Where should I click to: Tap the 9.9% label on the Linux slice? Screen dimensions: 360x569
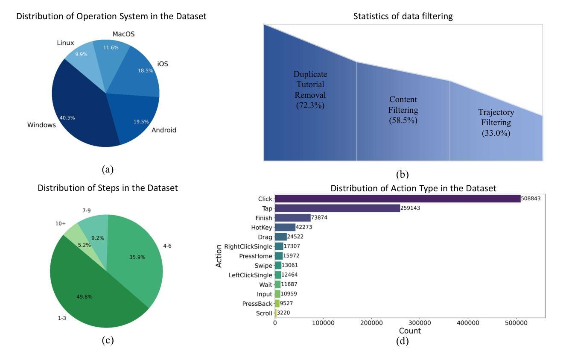pyautogui.click(x=82, y=54)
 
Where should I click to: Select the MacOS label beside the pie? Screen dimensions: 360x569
pyautogui.click(x=123, y=34)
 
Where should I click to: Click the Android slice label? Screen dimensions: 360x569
pyautogui.click(x=163, y=130)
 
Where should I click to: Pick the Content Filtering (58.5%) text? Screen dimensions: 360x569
pyautogui.click(x=403, y=110)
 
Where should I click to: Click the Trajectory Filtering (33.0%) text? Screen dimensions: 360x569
pyautogui.click(x=496, y=123)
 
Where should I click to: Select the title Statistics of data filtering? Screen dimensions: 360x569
pyautogui.click(x=403, y=17)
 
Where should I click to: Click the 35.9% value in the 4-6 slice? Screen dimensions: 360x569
pyautogui.click(x=138, y=257)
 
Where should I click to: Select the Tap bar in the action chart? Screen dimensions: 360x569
pyautogui.click(x=337, y=208)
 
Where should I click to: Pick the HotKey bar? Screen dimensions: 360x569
pyautogui.click(x=285, y=227)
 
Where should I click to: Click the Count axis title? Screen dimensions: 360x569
pyautogui.click(x=410, y=331)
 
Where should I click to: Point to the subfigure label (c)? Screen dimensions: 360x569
pyautogui.click(x=107, y=340)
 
